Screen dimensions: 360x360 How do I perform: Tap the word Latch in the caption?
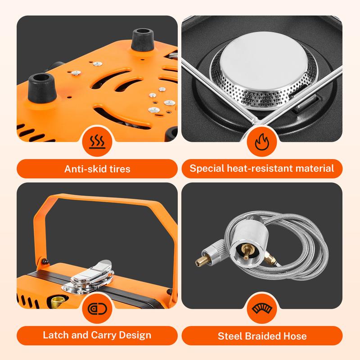54,335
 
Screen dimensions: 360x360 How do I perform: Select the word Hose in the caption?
296,336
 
